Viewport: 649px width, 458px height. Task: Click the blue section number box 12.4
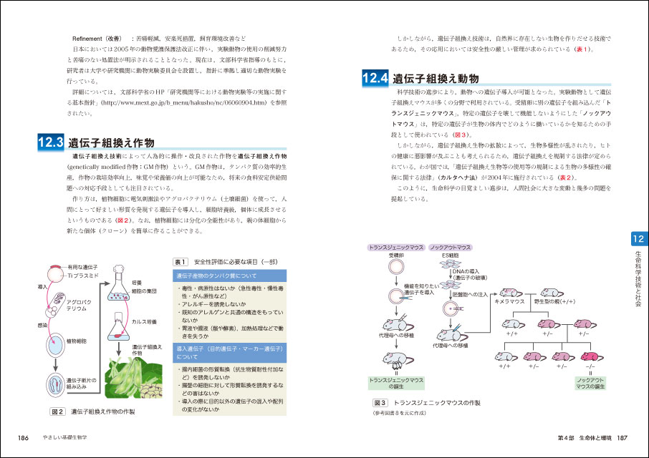point(376,78)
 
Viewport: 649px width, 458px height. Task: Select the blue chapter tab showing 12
point(638,240)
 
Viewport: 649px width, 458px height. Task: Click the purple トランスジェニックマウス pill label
point(395,247)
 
